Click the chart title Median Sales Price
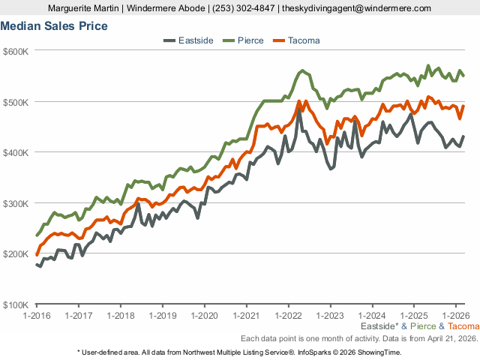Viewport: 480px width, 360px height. [54, 26]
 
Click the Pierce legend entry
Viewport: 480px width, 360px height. [250, 40]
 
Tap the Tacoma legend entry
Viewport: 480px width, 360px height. [304, 40]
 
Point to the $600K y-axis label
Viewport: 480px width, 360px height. [16, 51]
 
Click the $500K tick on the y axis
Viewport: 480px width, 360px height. [16, 102]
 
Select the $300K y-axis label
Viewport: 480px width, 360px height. [16, 203]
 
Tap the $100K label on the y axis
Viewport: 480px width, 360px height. [16, 304]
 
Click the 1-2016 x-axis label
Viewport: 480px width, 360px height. [36, 316]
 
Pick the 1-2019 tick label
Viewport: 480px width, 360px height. [163, 316]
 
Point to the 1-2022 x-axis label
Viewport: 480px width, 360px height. [289, 316]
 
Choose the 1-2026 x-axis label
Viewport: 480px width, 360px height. [457, 316]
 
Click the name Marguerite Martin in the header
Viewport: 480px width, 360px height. [81, 8]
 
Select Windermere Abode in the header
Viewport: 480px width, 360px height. [163, 8]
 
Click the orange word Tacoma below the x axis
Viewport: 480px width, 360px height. [463, 327]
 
